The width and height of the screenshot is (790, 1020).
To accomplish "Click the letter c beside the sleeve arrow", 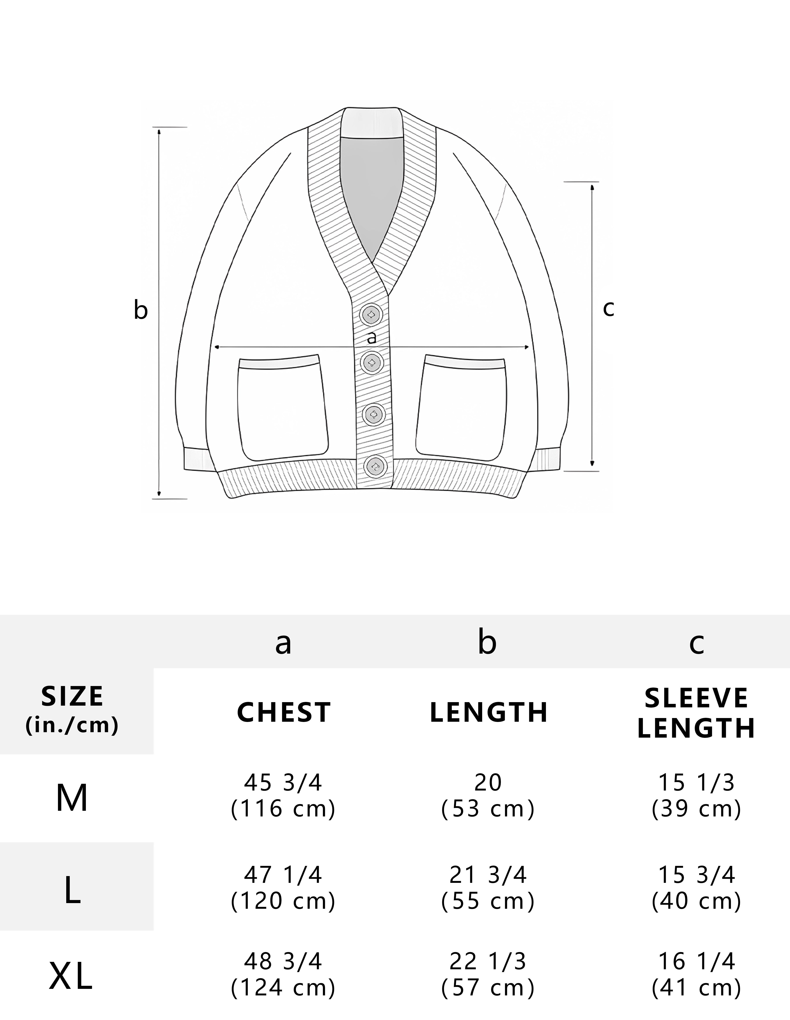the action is pyautogui.click(x=608, y=308).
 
